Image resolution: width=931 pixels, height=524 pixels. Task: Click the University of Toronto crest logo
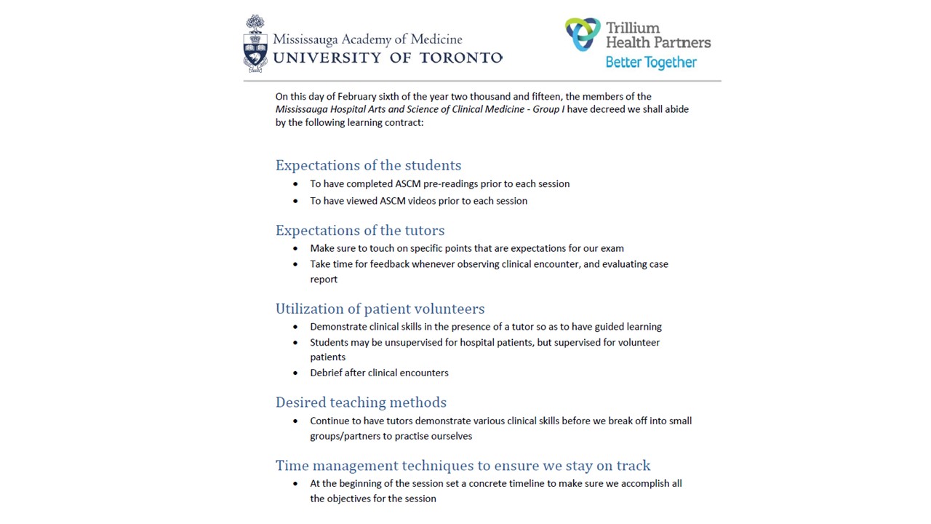(255, 44)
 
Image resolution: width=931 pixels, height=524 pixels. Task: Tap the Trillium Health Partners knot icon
(582, 34)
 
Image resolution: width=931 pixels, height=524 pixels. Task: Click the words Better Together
(651, 63)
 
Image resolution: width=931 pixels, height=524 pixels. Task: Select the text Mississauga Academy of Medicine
(367, 39)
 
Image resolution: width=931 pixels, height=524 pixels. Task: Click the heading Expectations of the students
(368, 165)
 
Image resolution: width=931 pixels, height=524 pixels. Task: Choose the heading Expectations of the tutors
(359, 230)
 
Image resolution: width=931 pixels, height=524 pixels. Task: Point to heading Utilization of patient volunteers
(380, 309)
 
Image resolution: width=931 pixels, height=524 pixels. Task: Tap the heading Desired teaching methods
(361, 402)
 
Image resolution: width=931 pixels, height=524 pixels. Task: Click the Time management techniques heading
(463, 466)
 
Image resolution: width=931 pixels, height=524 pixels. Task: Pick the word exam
(612, 248)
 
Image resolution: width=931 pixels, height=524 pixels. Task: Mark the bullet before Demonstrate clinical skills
(295, 327)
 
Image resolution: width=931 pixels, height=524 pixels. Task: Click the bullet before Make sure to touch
(295, 249)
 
